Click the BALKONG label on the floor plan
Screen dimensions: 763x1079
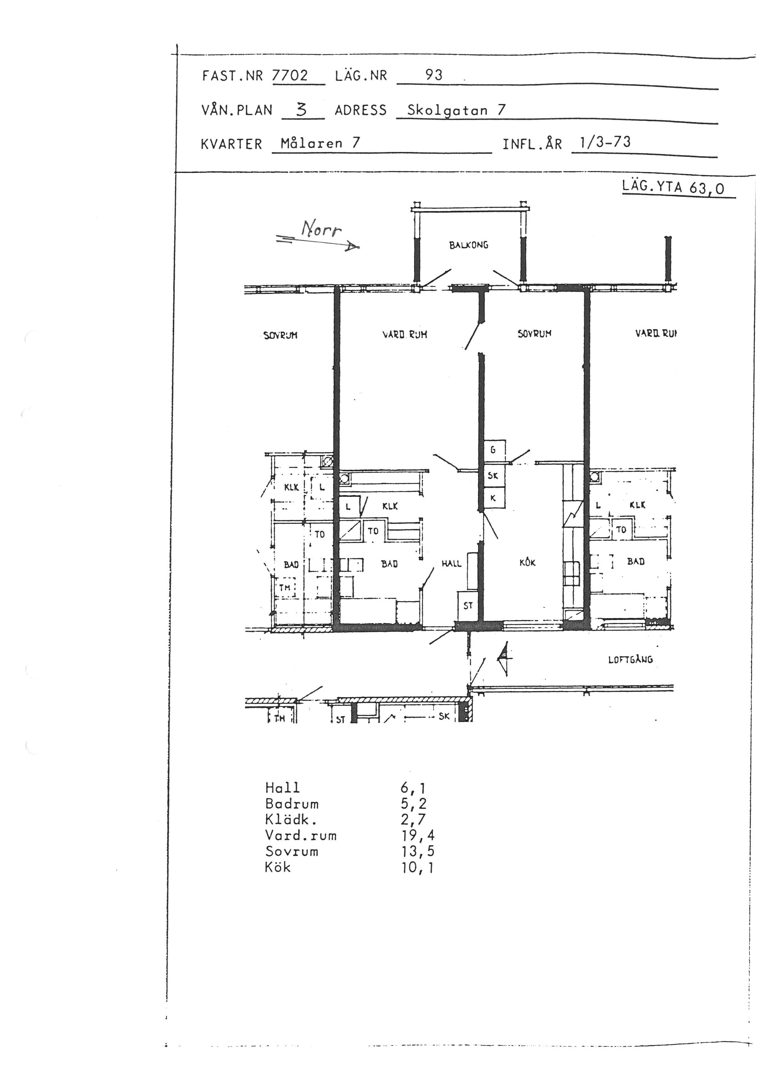[x=469, y=245]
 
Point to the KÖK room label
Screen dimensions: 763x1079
[x=528, y=562]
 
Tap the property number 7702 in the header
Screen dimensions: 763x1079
[x=290, y=75]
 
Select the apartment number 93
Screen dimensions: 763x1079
[x=434, y=75]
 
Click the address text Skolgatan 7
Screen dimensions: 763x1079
[x=456, y=110]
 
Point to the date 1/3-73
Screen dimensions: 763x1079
[x=605, y=142]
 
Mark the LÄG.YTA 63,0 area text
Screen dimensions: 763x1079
[x=673, y=187]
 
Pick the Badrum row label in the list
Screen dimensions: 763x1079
[x=292, y=804]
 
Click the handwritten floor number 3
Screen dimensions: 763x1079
[x=302, y=110]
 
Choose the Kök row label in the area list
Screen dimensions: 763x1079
[x=278, y=867]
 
